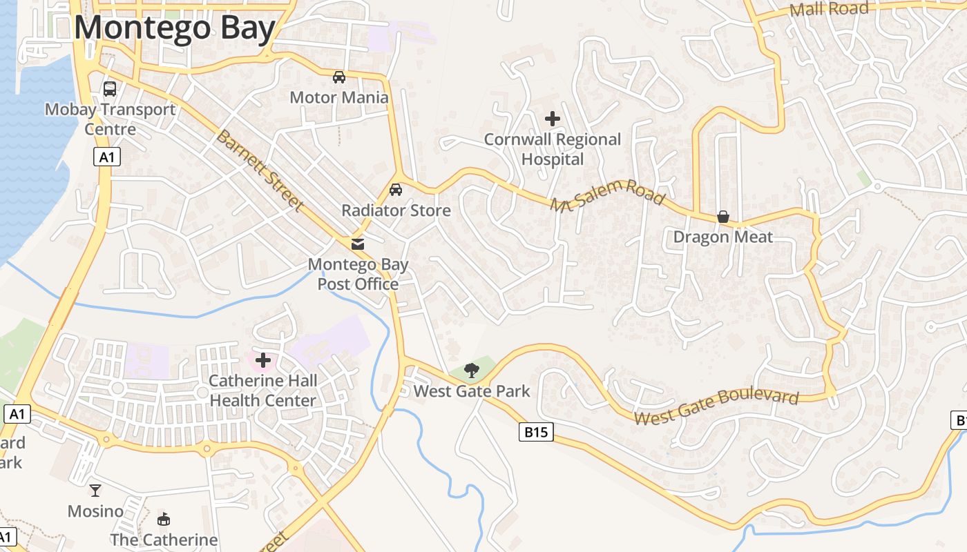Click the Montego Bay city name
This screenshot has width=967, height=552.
[175, 28]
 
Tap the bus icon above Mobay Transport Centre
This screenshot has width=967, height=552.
[110, 88]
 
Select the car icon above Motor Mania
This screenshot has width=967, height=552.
[338, 77]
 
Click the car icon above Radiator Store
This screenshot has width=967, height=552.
[396, 189]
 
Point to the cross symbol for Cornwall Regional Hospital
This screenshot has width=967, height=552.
[552, 119]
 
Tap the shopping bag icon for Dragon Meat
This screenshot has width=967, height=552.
[722, 217]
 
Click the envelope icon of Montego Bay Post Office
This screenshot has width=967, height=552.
[358, 244]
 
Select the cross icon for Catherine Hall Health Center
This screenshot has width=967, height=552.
[263, 359]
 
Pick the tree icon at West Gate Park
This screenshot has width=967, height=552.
[472, 371]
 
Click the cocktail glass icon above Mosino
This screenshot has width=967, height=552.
[95, 490]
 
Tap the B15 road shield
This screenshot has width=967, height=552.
[535, 433]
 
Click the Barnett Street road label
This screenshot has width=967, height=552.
[259, 170]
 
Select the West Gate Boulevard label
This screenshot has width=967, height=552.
[716, 407]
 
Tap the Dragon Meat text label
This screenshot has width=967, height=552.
[722, 237]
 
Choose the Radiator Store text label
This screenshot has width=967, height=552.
[396, 210]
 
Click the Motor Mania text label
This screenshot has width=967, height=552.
[338, 97]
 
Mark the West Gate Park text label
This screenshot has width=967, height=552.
[472, 391]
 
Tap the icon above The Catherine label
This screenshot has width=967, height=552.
[164, 519]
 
